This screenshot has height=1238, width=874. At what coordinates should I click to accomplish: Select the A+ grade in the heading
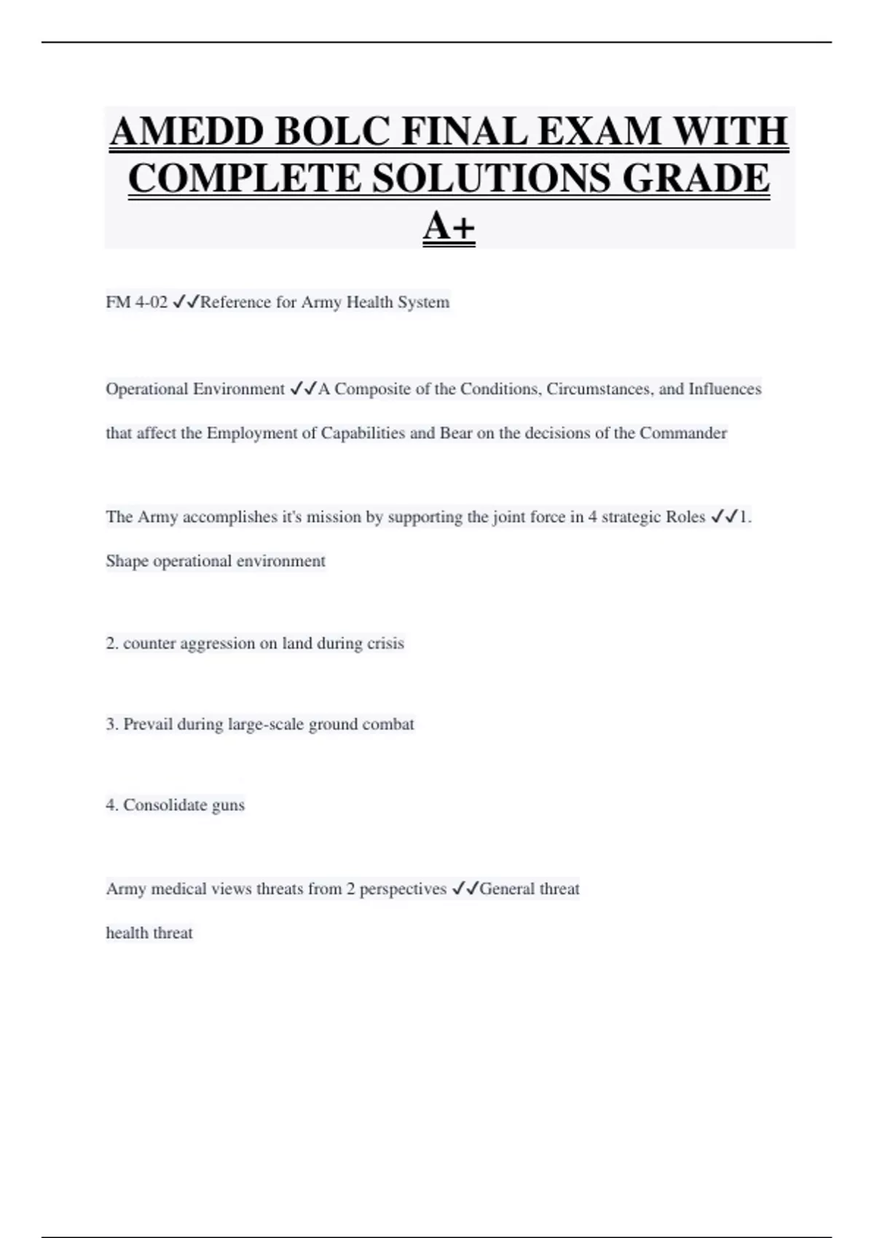point(449,226)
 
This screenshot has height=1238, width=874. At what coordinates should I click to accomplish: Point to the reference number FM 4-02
point(137,302)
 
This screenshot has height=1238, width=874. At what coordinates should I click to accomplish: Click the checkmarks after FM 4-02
point(186,302)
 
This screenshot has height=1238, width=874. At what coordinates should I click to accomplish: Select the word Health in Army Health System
point(369,302)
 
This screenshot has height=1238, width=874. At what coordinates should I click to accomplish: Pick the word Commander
point(682,433)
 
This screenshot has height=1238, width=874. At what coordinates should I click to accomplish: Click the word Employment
point(252,433)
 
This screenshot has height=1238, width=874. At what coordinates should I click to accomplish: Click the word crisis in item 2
point(385,643)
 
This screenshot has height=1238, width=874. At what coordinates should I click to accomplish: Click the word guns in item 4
point(228,805)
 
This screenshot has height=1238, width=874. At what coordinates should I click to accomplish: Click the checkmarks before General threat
point(465,889)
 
